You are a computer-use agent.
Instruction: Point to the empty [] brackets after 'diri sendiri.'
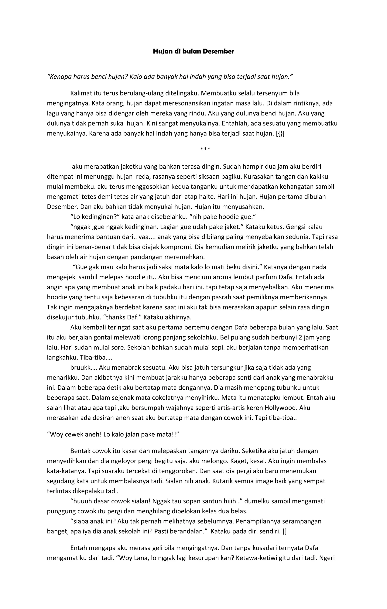[x=285, y=532]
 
